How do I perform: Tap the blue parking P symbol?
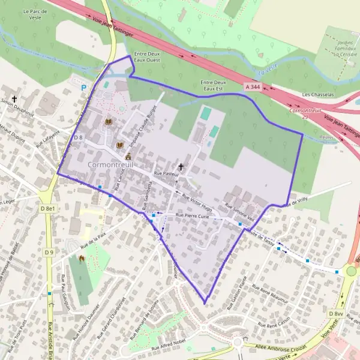(83, 88)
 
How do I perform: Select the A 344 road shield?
(253, 87)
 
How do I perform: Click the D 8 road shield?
(78, 138)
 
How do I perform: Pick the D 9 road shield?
(49, 252)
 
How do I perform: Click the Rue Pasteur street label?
(166, 173)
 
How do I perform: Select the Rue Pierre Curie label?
(192, 215)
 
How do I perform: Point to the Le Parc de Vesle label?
(35, 14)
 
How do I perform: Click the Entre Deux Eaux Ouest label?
(148, 56)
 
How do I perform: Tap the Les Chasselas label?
(316, 94)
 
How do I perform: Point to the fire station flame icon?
(82, 258)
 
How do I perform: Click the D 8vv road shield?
(335, 314)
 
